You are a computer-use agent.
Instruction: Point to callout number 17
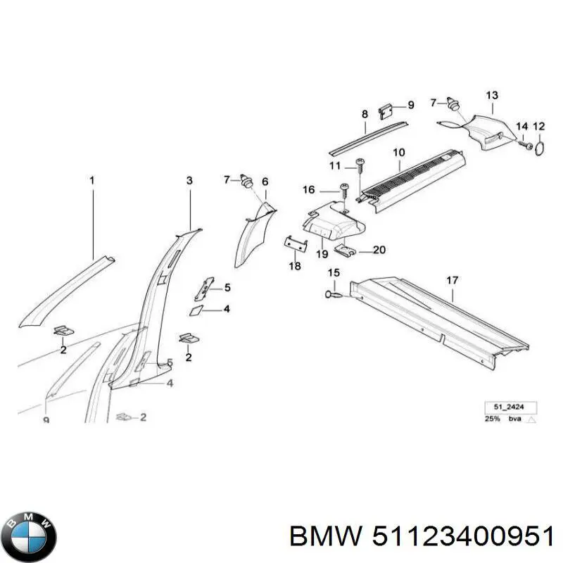pyautogui.click(x=452, y=280)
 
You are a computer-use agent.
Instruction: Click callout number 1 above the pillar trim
pyautogui.click(x=91, y=181)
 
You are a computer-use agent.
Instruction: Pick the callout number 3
pyautogui.click(x=189, y=181)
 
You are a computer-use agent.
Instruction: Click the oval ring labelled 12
pyautogui.click(x=540, y=148)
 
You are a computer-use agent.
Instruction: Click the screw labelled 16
pyautogui.click(x=344, y=190)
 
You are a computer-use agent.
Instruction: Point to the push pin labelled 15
pyautogui.click(x=332, y=294)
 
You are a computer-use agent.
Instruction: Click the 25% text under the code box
pyautogui.click(x=492, y=419)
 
